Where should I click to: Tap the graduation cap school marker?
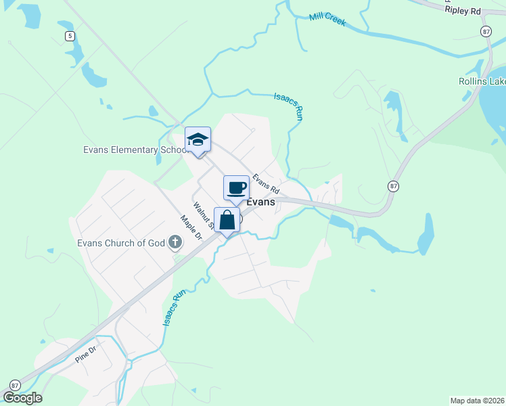click(x=198, y=139)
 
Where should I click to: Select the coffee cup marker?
click(x=236, y=187)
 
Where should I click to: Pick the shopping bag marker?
click(x=227, y=219)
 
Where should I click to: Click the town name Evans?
click(x=260, y=202)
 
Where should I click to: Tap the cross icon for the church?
click(x=175, y=242)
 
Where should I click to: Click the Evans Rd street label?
click(x=266, y=184)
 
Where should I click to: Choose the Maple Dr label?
click(x=191, y=228)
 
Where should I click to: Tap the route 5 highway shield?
click(x=69, y=36)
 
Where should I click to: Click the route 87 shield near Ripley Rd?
click(x=486, y=32)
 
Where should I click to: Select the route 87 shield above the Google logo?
click(x=15, y=384)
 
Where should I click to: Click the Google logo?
click(x=22, y=398)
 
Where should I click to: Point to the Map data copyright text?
click(x=477, y=401)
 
